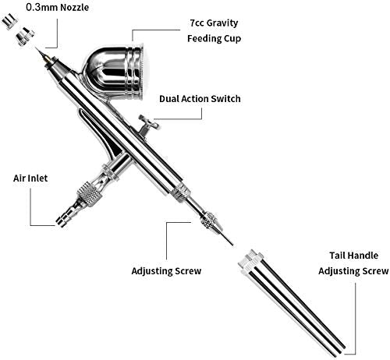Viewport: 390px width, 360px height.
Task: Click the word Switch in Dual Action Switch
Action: pos(224,99)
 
